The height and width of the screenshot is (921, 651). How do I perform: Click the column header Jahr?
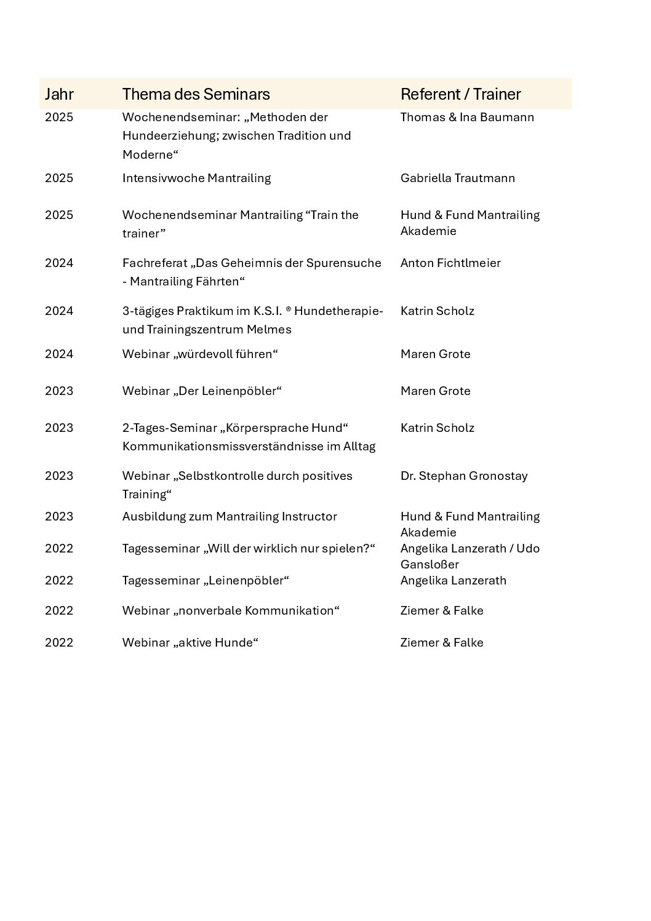[59, 94]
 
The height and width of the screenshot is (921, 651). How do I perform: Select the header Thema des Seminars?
[196, 94]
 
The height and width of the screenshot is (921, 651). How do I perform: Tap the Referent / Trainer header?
[460, 94]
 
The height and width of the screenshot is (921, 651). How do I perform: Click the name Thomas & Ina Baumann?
[467, 117]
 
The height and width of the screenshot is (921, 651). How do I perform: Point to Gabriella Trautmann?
[457, 178]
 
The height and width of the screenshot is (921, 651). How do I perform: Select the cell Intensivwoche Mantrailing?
[196, 178]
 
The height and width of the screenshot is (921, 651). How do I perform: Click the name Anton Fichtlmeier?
[450, 263]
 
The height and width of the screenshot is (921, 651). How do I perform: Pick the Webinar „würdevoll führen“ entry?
[200, 354]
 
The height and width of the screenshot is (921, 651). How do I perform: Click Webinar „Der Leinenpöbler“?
[202, 391]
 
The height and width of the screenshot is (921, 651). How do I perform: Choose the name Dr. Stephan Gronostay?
[464, 476]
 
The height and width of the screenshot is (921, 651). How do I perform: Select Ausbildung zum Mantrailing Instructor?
[230, 516]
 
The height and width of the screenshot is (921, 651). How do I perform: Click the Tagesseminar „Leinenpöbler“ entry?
[206, 580]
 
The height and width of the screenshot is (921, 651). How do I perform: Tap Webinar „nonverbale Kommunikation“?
[231, 610]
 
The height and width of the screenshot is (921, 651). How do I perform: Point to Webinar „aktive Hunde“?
[190, 642]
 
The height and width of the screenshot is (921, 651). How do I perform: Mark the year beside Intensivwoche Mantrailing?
[59, 178]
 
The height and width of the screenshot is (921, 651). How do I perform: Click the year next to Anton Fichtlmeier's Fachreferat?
[59, 263]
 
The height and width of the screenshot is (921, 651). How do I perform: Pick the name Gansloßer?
[429, 564]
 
